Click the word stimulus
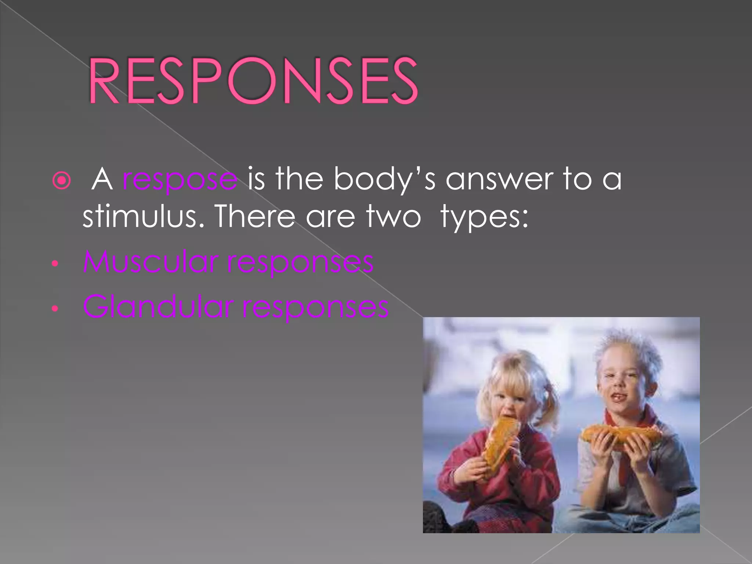143,217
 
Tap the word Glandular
158,307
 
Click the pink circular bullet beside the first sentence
61,181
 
